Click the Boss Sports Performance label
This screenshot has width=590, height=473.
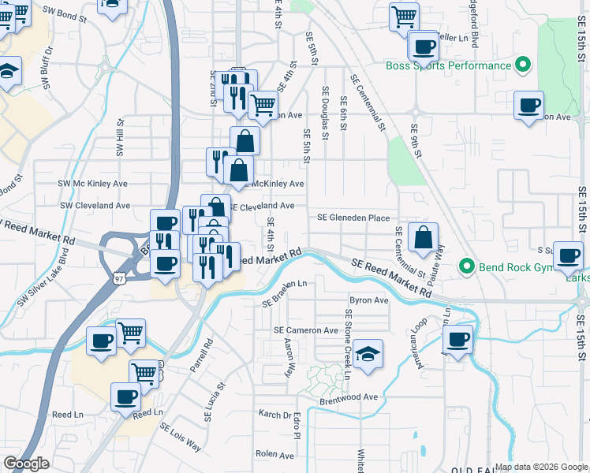(x=448, y=65)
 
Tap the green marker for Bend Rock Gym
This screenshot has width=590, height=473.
(x=467, y=266)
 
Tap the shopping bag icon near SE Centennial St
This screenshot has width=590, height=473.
(x=424, y=238)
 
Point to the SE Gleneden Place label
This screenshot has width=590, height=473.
(x=353, y=218)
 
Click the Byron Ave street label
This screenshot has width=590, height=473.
(x=369, y=300)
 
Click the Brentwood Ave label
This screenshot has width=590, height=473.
(x=349, y=397)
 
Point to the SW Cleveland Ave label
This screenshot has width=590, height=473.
(x=95, y=205)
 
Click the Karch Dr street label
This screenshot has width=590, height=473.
(x=274, y=413)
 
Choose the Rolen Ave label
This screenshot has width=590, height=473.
(x=274, y=454)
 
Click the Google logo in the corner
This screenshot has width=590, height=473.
(x=26, y=464)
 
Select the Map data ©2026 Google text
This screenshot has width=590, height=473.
(x=540, y=467)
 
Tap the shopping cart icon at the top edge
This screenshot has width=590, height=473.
(x=405, y=16)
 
